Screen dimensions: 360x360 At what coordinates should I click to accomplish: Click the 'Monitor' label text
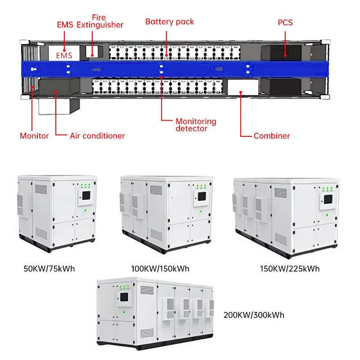tap(34, 135)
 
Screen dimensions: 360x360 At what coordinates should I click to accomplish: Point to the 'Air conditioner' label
tap(97, 135)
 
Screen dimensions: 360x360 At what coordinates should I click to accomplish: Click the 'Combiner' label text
tap(272, 135)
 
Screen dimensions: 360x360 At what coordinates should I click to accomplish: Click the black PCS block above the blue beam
tap(281, 52)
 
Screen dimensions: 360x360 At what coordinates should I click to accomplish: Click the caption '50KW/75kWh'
tap(49, 269)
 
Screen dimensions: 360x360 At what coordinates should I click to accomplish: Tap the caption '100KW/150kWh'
tap(160, 269)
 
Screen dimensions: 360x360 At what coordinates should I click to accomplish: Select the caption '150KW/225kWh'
tap(290, 269)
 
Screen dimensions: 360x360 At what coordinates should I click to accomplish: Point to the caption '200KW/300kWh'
tap(254, 315)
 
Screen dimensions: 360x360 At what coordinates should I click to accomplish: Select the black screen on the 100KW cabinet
tap(202, 197)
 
